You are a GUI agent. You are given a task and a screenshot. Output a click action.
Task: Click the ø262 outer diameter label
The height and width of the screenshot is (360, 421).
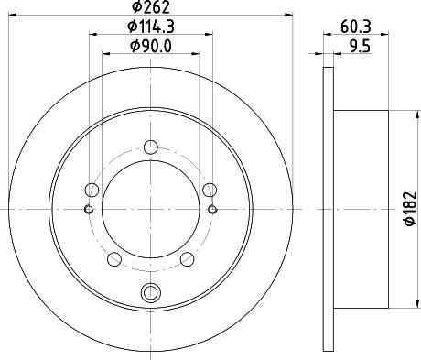[x=150, y=10]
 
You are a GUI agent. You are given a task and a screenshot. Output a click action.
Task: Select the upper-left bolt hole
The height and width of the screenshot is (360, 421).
[x=91, y=190]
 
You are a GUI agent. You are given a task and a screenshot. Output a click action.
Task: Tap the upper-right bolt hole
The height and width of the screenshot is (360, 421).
[x=210, y=190]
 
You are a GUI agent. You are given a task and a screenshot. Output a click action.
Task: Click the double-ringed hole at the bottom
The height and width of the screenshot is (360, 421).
[x=150, y=293]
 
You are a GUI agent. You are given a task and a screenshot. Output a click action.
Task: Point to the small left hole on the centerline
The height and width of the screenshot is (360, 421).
[x=88, y=210]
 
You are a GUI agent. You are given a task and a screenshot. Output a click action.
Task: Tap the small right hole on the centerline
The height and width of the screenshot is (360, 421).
[x=212, y=210]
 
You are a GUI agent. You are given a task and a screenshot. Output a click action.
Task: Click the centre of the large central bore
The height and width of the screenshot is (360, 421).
[x=150, y=210]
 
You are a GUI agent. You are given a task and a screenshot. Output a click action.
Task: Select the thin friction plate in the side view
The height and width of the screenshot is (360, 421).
[x=329, y=210]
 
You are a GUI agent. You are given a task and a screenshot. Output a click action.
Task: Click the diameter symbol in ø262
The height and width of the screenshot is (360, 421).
[x=134, y=10]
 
